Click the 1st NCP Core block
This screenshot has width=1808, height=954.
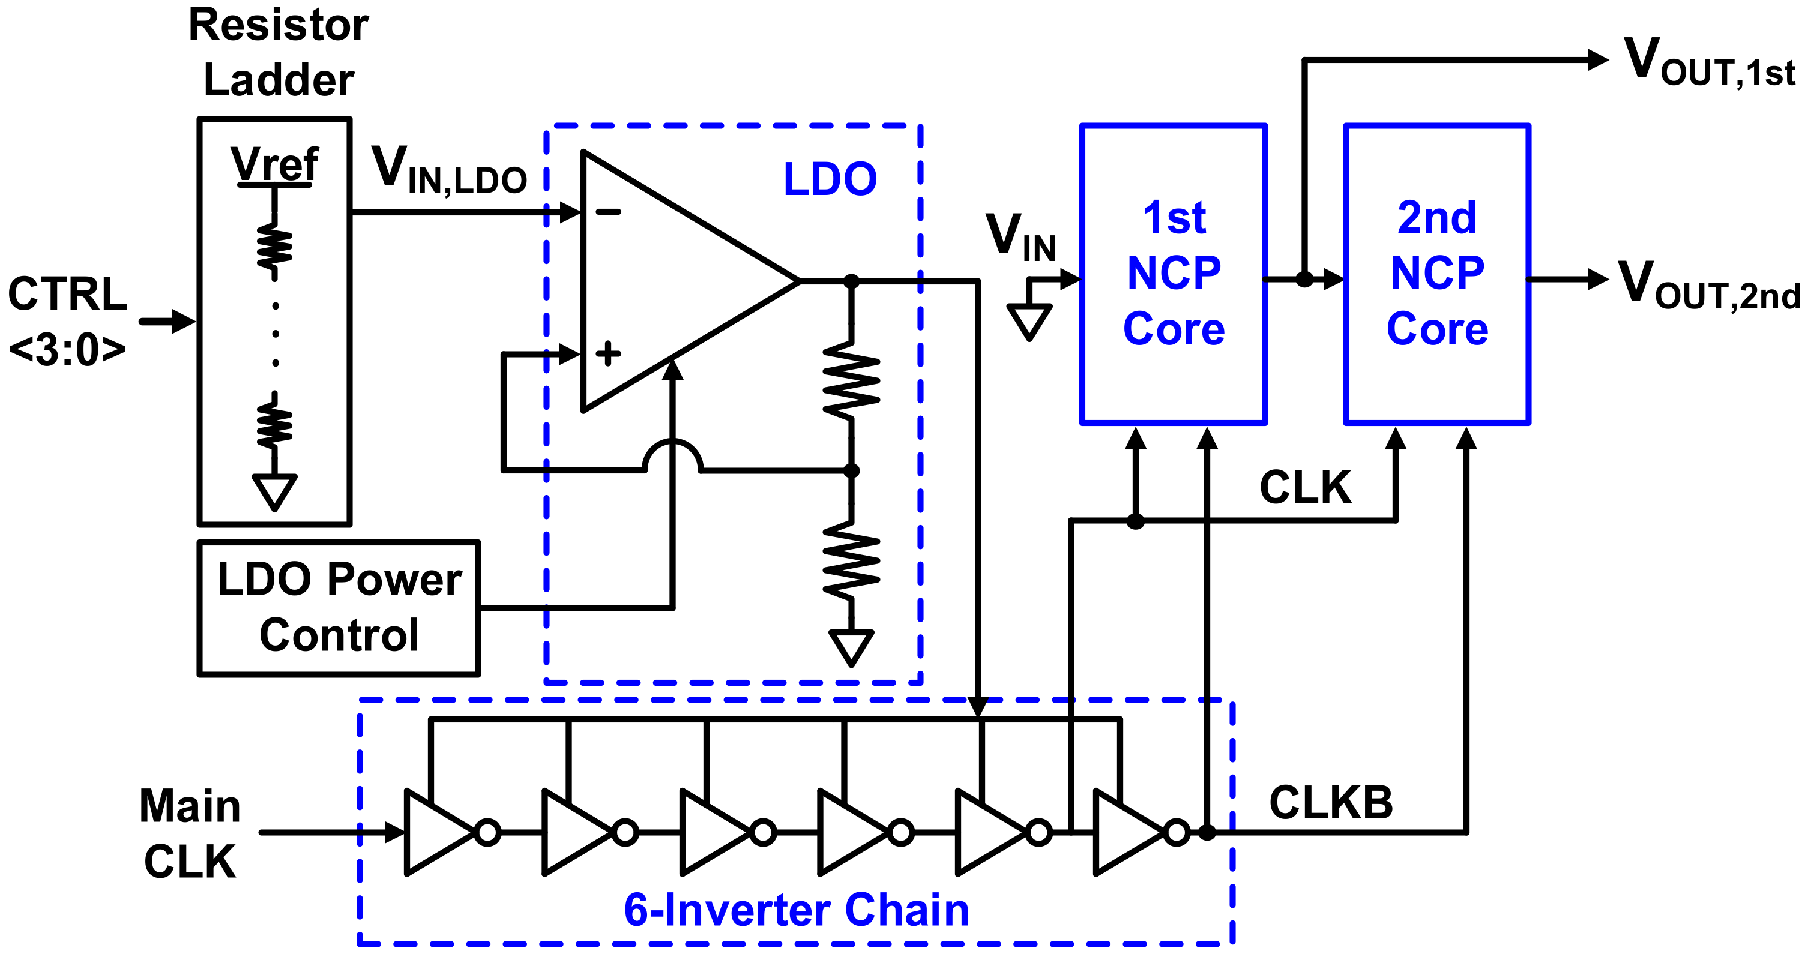(1174, 274)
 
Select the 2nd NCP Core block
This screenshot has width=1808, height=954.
(1436, 274)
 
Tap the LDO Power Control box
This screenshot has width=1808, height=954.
(339, 607)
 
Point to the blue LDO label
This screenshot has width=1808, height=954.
(830, 179)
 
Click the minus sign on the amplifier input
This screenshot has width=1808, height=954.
(609, 212)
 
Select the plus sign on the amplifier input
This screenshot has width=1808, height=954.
(608, 353)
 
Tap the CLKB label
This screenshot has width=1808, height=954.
(1331, 802)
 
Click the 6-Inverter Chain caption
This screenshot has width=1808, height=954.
(796, 911)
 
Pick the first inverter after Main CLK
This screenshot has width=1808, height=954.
(440, 833)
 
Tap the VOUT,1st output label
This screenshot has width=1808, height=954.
(1709, 63)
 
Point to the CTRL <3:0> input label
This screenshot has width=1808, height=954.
(67, 321)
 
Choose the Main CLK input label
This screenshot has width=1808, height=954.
(190, 833)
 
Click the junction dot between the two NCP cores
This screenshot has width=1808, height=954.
(1304, 279)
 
